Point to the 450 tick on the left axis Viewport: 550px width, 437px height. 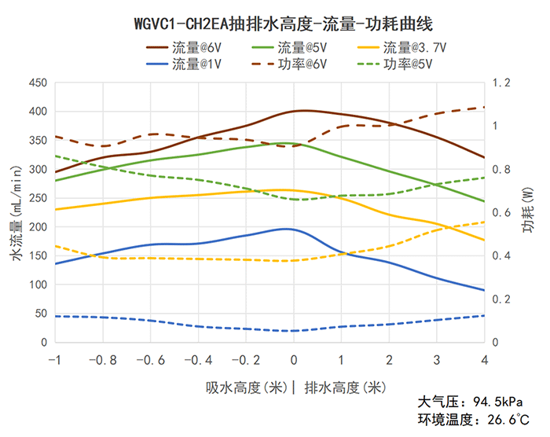click(x=38, y=83)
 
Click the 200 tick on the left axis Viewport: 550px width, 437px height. click(x=38, y=227)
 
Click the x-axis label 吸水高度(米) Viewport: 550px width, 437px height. click(x=245, y=387)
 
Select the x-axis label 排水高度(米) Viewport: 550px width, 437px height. click(x=344, y=387)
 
